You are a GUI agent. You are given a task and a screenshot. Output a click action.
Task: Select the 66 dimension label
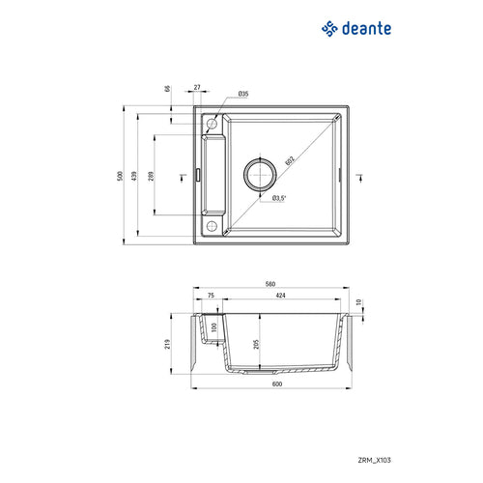[167, 89]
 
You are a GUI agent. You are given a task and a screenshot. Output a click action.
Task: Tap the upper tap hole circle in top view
[212, 123]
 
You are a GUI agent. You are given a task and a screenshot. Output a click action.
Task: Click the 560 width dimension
[270, 285]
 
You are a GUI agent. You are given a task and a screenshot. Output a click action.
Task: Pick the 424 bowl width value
[279, 296]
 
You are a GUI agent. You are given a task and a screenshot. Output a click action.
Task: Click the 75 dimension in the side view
[210, 296]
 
